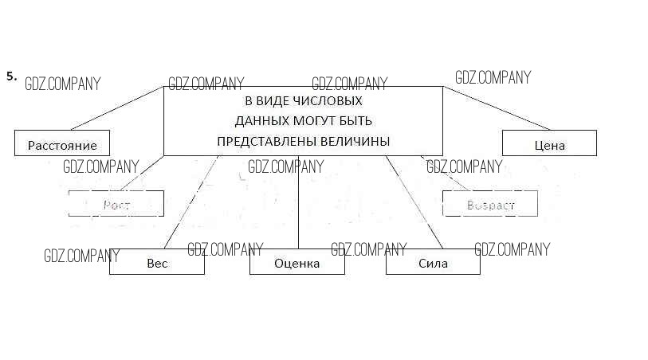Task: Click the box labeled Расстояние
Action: click(x=61, y=143)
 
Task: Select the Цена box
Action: click(x=549, y=143)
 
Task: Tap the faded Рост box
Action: click(x=116, y=204)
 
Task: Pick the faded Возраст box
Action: click(x=490, y=204)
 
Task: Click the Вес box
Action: click(x=157, y=262)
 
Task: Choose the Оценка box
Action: click(x=297, y=262)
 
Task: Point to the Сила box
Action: click(x=433, y=262)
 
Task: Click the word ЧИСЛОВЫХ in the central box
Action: click(x=327, y=101)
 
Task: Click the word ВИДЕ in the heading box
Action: click(x=269, y=101)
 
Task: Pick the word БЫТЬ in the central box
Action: click(x=356, y=121)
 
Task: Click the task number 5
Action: click(x=11, y=76)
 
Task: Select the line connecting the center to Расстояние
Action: click(x=118, y=108)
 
